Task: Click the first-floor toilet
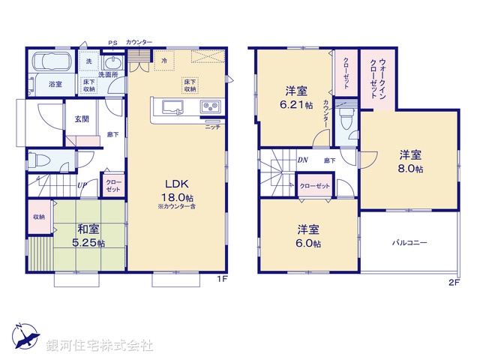point(37,159)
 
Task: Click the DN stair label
point(302,160)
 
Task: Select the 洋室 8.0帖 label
point(409,162)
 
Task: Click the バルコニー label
point(409,243)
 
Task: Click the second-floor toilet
point(346,118)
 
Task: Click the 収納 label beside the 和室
point(38,217)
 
